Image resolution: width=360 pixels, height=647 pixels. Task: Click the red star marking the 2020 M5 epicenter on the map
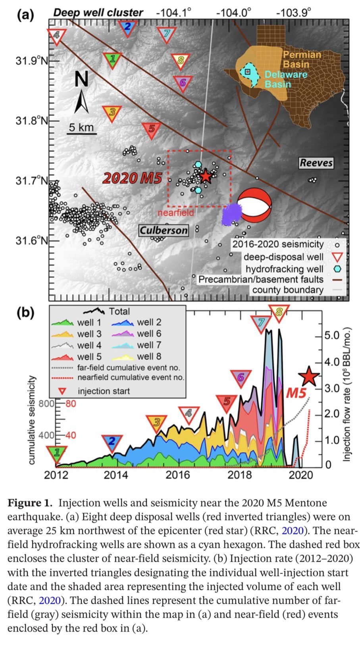205,176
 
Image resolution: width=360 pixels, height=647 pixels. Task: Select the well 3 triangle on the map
112,113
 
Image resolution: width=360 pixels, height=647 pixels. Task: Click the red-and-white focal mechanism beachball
254,205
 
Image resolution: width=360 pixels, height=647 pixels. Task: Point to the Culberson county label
164,230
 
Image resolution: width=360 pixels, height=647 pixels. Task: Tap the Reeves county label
316,163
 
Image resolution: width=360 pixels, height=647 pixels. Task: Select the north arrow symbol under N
82,102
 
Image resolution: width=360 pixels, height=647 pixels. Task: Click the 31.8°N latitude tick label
31,121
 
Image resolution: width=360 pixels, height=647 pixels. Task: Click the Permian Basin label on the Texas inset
301,59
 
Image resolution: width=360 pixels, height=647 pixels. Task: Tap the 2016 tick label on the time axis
177,475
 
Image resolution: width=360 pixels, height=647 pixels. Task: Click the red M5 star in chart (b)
309,377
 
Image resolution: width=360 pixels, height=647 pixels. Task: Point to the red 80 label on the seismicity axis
70,404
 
